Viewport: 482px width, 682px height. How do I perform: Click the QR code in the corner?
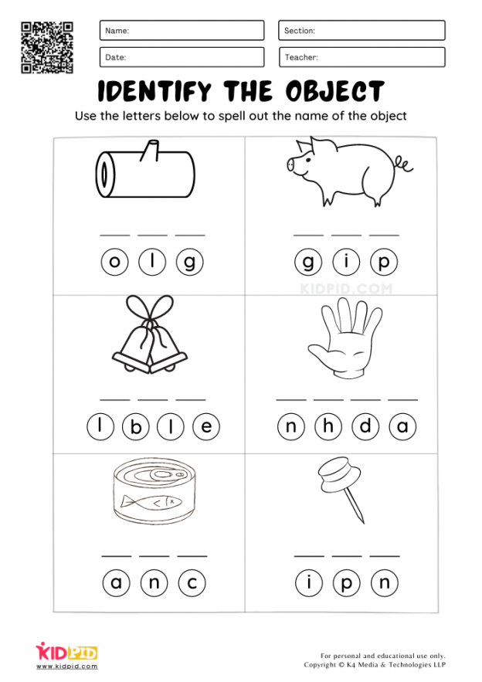point(47,47)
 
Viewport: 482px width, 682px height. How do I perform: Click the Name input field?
point(182,30)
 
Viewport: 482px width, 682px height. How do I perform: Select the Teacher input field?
point(361,57)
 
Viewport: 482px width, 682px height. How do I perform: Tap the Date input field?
point(182,57)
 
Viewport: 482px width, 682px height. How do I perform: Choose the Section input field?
point(361,30)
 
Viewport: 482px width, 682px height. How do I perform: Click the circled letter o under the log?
point(114,263)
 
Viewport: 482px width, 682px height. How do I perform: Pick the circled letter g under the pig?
point(307,263)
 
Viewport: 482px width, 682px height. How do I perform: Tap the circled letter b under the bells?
point(137,426)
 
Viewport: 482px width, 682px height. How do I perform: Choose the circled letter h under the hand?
point(328,426)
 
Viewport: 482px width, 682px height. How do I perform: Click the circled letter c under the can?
point(192,583)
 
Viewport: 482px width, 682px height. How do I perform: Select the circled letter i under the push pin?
point(309,583)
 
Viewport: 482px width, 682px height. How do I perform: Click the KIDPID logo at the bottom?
point(66,653)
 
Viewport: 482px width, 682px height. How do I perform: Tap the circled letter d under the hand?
point(366,426)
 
